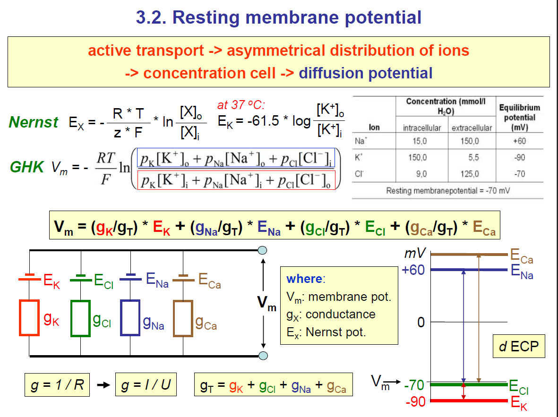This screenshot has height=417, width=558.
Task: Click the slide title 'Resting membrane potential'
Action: point(297,17)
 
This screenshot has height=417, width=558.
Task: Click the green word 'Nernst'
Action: point(33,122)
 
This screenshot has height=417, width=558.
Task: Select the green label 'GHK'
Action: point(26,166)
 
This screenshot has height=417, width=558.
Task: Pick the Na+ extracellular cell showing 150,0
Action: point(470,141)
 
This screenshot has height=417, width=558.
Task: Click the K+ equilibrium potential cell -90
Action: point(519,158)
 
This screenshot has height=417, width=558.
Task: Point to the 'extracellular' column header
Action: point(472,128)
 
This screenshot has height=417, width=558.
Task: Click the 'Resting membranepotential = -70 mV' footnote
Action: point(448,191)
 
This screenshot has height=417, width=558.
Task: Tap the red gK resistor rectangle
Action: point(29,318)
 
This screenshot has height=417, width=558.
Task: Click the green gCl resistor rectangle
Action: point(80,318)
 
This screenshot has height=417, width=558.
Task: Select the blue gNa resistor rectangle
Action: point(130,318)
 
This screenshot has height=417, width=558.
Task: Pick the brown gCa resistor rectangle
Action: point(183,318)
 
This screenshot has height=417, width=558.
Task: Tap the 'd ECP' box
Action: point(518,346)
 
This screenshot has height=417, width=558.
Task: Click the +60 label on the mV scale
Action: point(413,270)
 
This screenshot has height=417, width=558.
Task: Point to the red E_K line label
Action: point(518,403)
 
